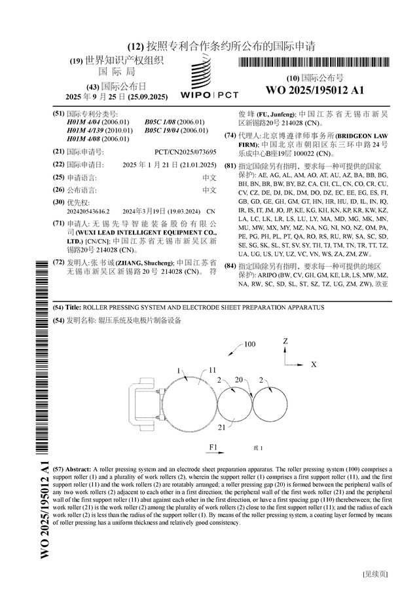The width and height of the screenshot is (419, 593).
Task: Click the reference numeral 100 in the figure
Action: tap(250, 344)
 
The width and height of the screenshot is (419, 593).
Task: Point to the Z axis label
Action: tap(285, 341)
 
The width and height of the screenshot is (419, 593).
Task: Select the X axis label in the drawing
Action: tap(314, 364)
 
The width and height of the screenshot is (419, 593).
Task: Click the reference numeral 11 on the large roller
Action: tap(212, 370)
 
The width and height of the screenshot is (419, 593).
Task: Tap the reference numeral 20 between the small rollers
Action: tap(238, 379)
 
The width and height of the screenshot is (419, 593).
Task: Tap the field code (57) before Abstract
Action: tap(58, 470)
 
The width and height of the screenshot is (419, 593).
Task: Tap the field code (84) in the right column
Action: tap(230, 266)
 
